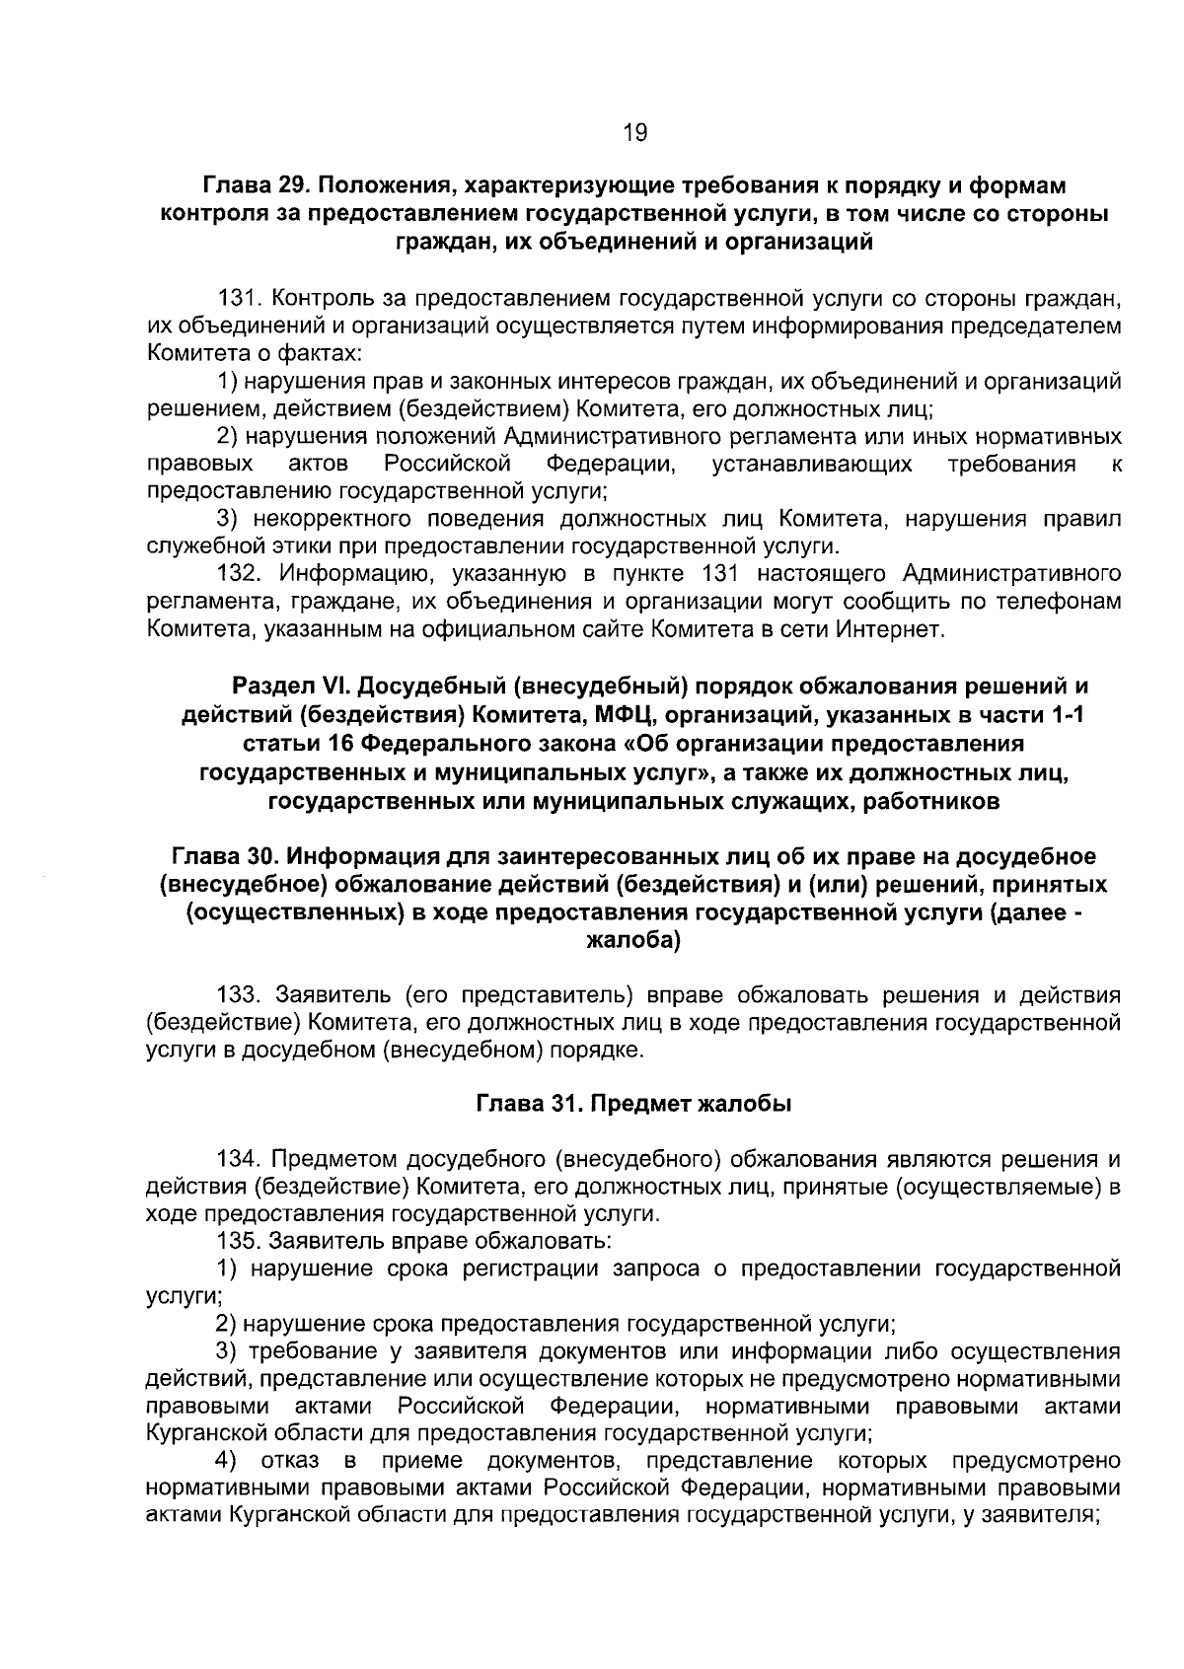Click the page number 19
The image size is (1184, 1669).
pos(635,132)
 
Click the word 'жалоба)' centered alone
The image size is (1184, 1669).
pos(633,941)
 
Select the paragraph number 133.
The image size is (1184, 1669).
pos(240,994)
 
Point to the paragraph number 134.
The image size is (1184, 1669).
pos(240,1158)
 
